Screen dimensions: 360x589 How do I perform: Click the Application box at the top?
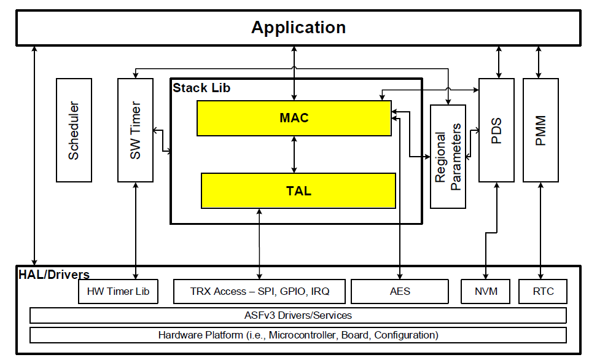tap(298, 28)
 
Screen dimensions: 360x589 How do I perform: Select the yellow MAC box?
tap(294, 118)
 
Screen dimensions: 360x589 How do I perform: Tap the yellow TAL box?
tap(298, 190)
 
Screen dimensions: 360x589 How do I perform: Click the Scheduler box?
tap(74, 130)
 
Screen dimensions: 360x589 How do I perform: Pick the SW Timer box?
tap(135, 130)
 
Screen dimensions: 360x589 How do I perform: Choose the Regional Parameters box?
tap(448, 156)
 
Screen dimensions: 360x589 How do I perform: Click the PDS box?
tap(496, 130)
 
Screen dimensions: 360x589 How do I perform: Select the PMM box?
tap(540, 130)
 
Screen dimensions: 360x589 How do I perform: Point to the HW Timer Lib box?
tap(118, 291)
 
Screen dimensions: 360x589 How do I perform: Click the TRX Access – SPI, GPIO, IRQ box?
tap(260, 291)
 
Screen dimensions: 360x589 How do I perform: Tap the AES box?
tap(400, 291)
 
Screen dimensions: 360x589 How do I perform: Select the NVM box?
tap(486, 291)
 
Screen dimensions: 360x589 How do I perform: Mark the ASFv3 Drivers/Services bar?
tap(298, 316)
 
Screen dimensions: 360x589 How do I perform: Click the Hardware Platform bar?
tap(298, 335)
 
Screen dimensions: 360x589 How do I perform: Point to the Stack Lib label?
tap(201, 88)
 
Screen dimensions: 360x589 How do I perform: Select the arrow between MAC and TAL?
tap(295, 154)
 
